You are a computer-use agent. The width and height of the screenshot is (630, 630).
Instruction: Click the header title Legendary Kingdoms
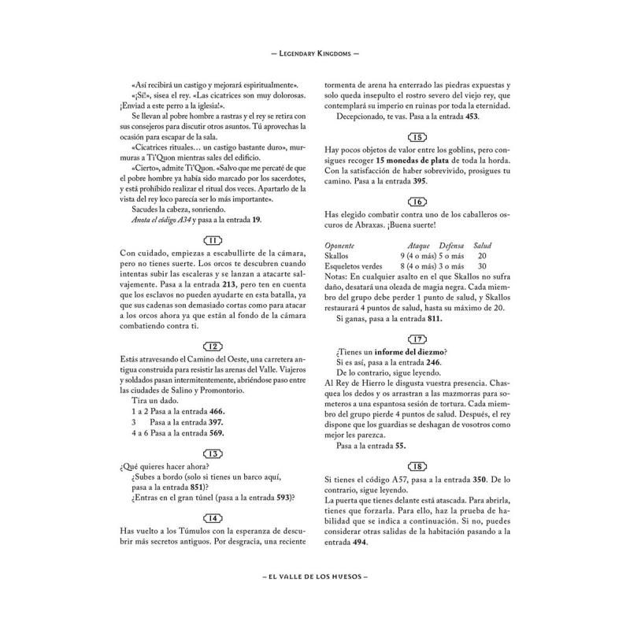tap(315, 56)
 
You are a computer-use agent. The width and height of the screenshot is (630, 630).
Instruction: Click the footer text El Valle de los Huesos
tap(315, 576)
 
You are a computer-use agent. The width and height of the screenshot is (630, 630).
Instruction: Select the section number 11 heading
tap(212, 239)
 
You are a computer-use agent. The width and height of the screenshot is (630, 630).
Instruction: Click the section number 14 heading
tap(212, 518)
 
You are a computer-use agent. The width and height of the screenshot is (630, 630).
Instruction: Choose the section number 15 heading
tap(418, 137)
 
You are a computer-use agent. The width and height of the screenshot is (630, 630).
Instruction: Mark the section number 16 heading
tap(418, 203)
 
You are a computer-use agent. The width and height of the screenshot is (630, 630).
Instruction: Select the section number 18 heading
tap(418, 466)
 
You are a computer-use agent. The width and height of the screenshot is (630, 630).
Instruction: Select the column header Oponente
tap(340, 246)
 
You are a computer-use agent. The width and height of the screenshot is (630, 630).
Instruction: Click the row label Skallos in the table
tap(337, 257)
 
